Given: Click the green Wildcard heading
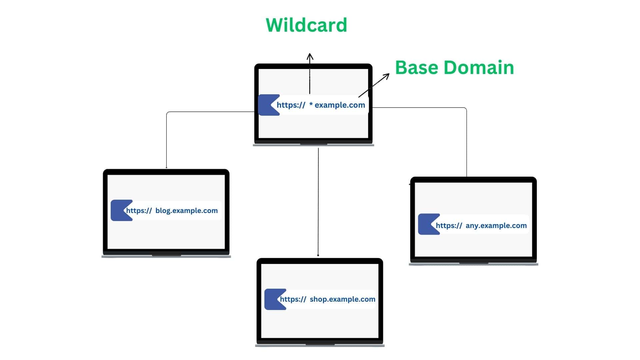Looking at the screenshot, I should tap(306, 25).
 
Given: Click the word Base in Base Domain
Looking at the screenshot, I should tap(416, 68).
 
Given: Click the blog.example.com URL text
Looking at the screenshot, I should tap(186, 211).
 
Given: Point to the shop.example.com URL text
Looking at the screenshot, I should tap(342, 299).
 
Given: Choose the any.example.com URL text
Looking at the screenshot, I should tap(496, 226).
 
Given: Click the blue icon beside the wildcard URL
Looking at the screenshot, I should tap(268, 105).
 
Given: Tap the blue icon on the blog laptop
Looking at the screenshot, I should tap(120, 210).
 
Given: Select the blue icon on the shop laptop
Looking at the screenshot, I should tap(274, 299).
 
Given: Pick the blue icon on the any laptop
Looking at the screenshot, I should tap(427, 224).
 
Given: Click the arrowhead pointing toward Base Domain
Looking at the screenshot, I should tap(387, 76).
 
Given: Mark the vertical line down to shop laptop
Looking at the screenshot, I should tap(318, 200).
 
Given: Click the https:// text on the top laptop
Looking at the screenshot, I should tap(291, 105).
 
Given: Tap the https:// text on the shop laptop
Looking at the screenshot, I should tap(293, 299).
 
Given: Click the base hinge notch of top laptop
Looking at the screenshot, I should tap(313, 144).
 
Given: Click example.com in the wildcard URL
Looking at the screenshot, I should tap(340, 105).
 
